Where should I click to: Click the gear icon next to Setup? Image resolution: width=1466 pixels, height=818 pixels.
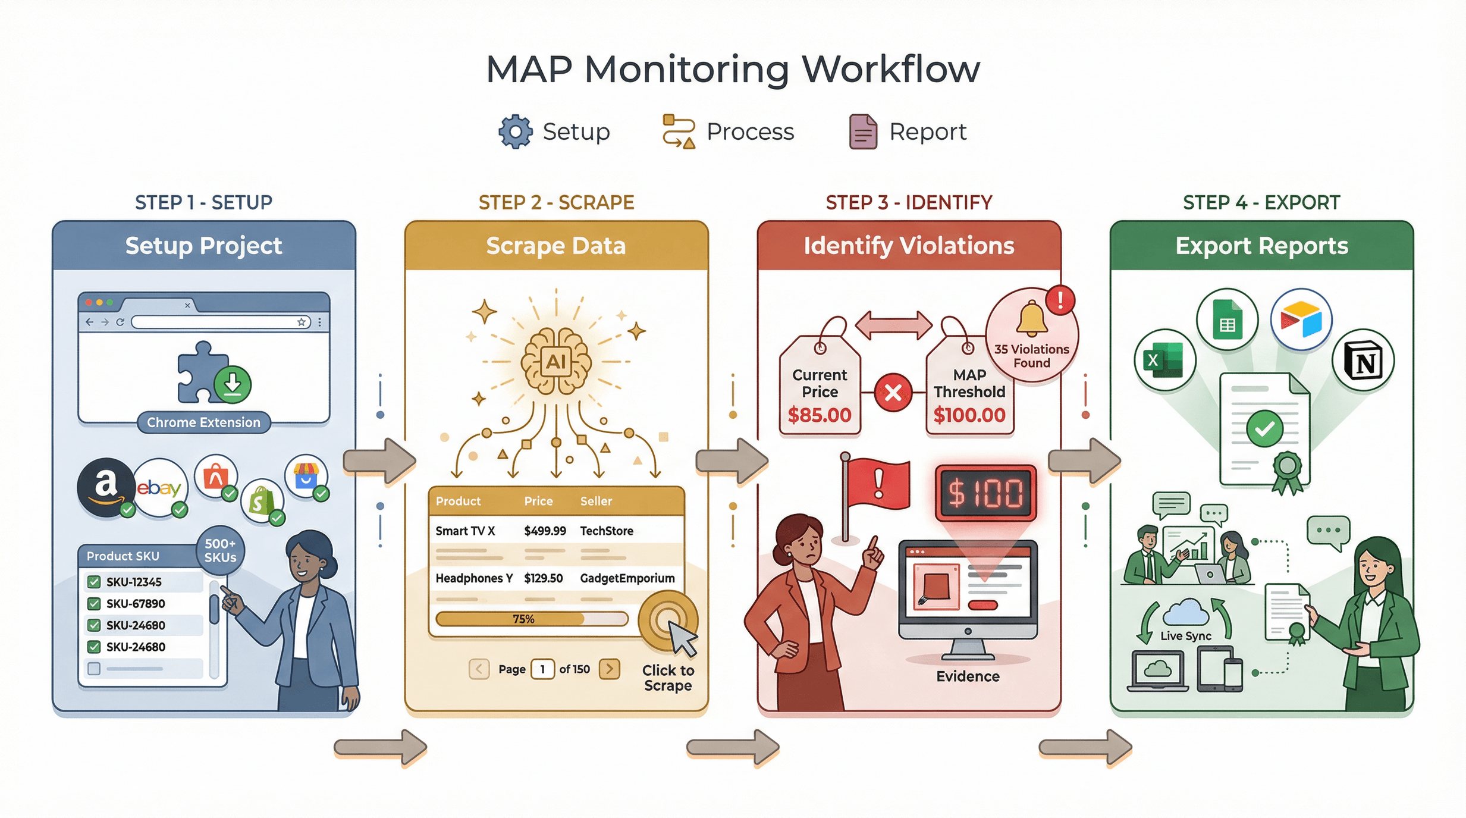coord(515,131)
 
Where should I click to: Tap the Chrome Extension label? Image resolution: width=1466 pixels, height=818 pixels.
coord(203,422)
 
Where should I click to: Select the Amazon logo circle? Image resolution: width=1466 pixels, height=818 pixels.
coord(106,487)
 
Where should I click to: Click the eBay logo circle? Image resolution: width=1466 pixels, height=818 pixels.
coord(159,488)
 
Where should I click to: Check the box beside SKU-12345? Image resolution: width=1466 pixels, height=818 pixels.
coord(94,582)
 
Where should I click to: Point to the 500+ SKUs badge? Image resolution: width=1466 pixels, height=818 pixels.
coord(220,550)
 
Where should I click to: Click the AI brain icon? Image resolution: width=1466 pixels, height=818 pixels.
coord(556,361)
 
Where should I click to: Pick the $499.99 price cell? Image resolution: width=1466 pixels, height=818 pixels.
coord(544,531)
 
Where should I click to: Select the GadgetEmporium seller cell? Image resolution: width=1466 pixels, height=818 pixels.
coord(627,578)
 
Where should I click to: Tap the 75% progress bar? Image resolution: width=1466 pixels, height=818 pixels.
coord(531,619)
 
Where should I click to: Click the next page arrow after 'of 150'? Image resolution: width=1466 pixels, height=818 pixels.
coord(610,669)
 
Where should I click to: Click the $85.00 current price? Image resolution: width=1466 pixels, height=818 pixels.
coord(819,415)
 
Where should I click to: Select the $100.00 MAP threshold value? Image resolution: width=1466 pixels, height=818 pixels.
coord(969,415)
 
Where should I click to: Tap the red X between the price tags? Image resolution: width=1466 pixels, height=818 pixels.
coord(893,393)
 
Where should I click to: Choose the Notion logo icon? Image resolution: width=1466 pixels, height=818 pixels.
coord(1363,360)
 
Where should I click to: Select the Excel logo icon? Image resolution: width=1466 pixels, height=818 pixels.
coord(1164,360)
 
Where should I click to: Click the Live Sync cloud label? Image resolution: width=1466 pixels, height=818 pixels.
coord(1186,635)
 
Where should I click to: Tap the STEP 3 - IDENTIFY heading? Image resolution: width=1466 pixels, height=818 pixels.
coord(909,203)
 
